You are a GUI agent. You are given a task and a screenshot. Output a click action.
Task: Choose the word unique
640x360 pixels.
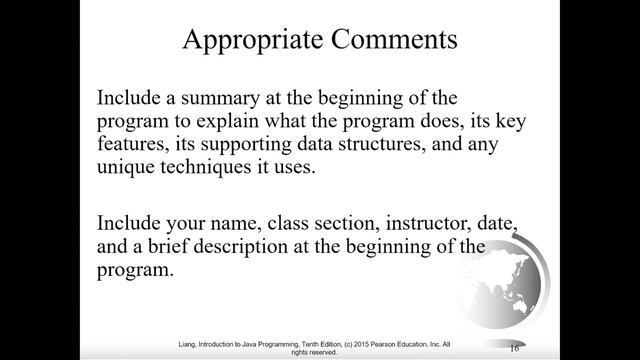(126, 167)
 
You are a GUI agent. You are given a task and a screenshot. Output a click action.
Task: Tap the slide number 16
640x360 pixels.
(514, 347)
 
